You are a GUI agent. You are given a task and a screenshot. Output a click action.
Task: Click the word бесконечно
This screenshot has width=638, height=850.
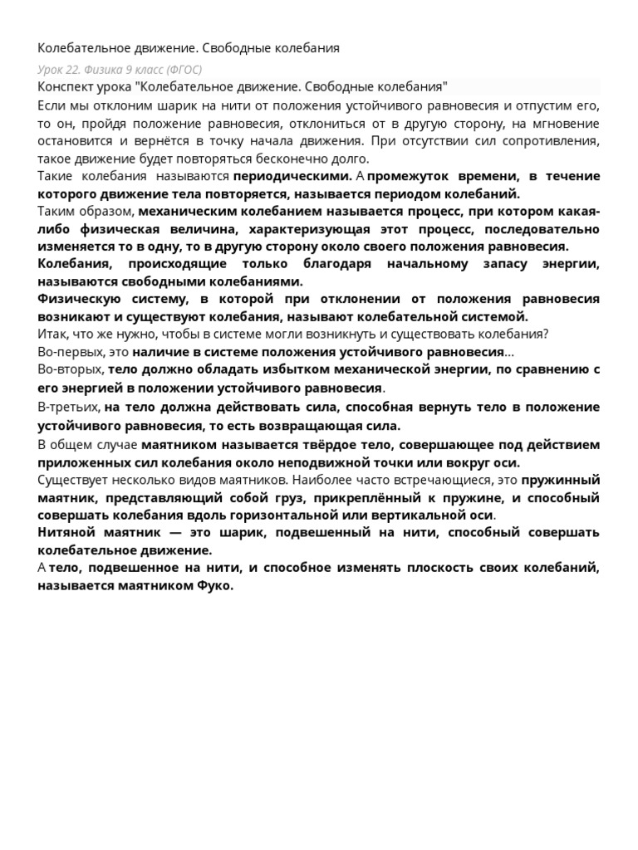click(x=286, y=159)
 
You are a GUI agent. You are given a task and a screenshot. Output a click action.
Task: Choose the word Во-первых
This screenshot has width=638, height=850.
click(x=70, y=352)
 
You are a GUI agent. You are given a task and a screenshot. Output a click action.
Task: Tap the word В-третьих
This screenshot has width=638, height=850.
click(x=68, y=408)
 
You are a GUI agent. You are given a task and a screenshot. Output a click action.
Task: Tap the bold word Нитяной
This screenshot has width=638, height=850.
click(x=66, y=533)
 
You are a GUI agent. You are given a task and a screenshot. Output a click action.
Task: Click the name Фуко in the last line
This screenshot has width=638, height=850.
click(x=216, y=585)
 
